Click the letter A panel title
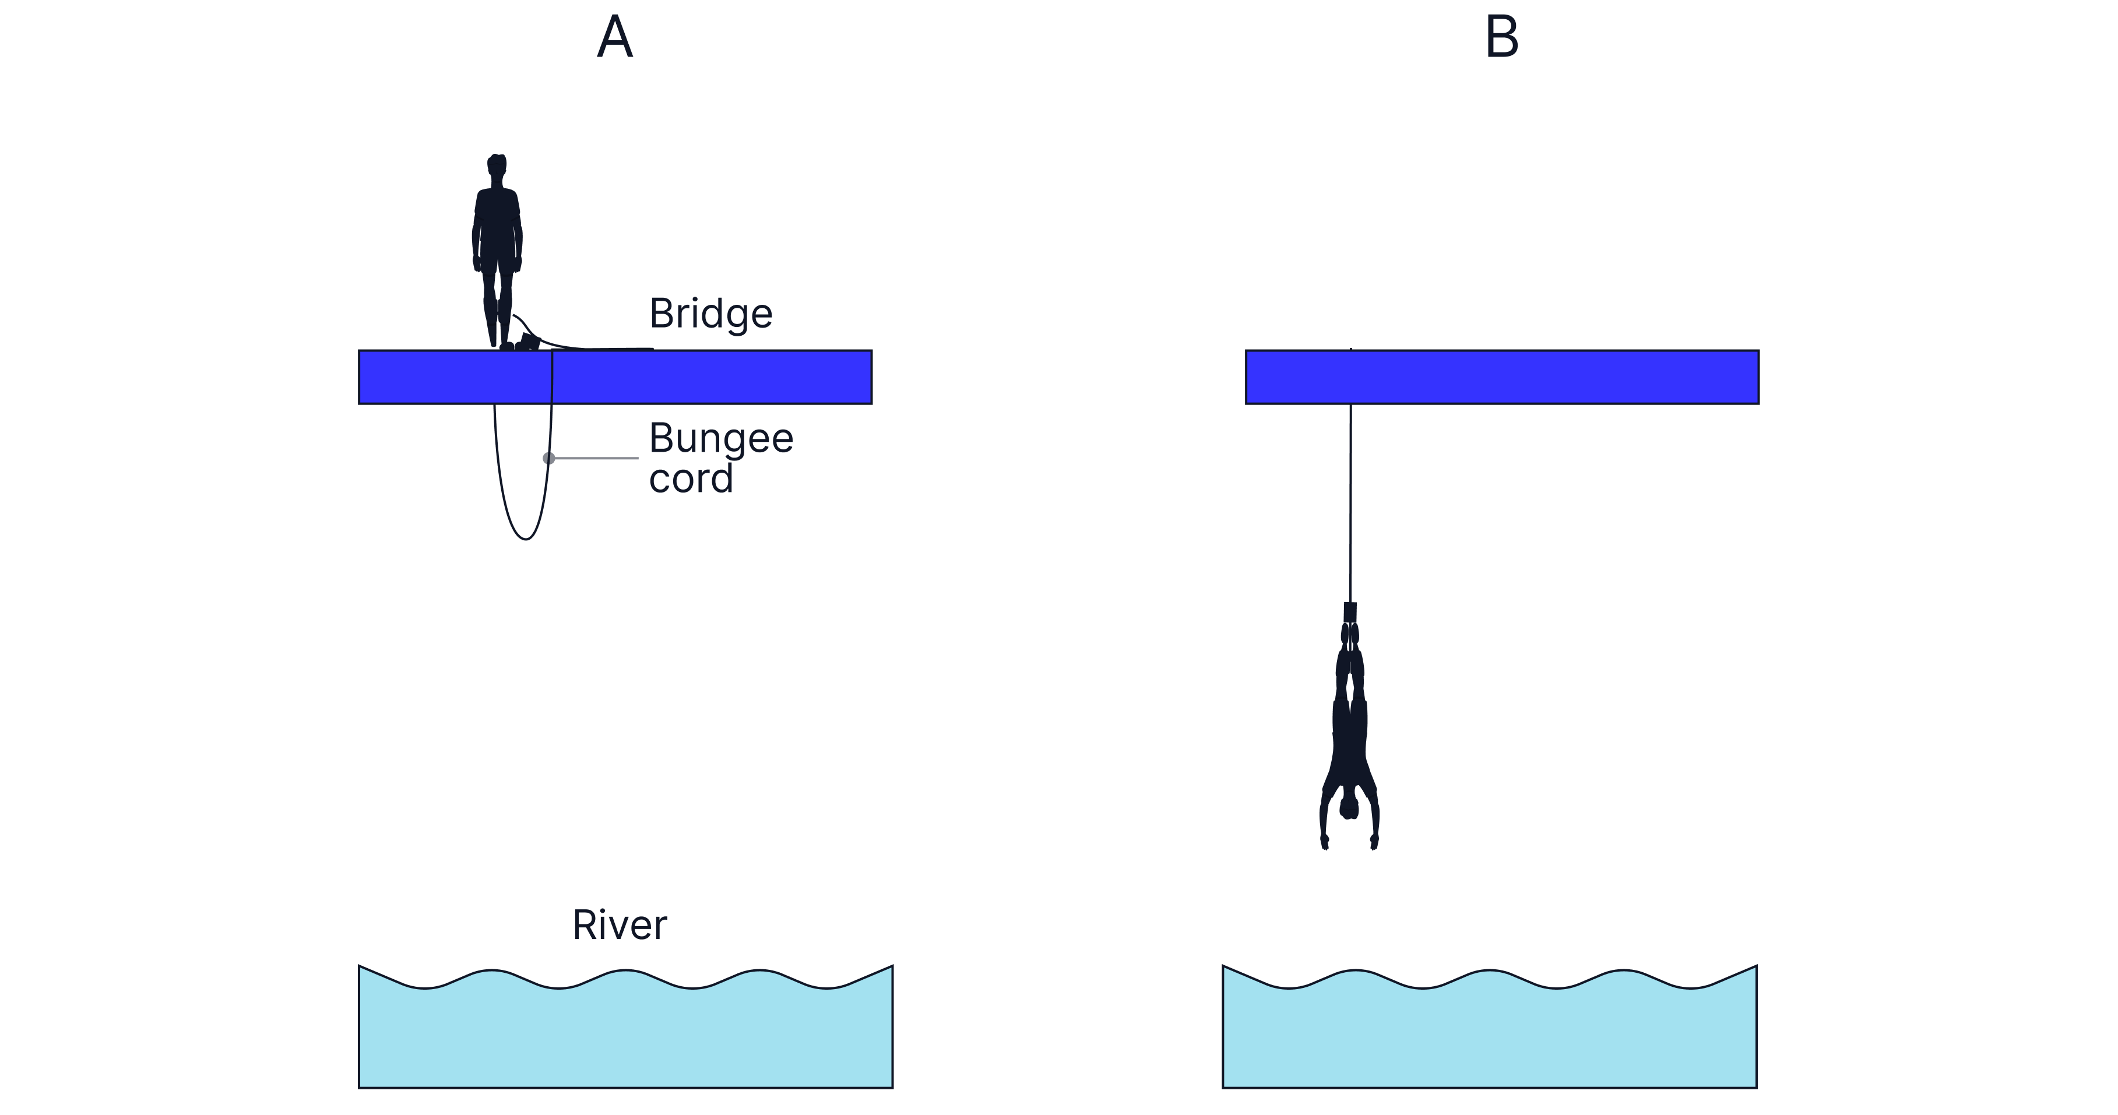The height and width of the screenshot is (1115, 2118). click(614, 37)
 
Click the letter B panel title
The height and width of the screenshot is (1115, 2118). click(1501, 37)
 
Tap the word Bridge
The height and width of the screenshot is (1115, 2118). click(710, 314)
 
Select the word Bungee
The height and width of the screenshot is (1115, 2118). click(720, 438)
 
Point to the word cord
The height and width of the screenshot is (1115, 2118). click(691, 479)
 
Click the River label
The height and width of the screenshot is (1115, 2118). click(619, 925)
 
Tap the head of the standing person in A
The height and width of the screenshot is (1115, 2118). click(497, 168)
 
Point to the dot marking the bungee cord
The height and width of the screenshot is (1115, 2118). click(548, 458)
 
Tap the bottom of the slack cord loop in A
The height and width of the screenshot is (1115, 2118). click(525, 539)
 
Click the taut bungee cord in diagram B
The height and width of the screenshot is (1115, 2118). click(1350, 502)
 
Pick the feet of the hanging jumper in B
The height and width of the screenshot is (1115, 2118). click(1350, 613)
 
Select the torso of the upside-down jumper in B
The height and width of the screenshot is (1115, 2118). click(1349, 740)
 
